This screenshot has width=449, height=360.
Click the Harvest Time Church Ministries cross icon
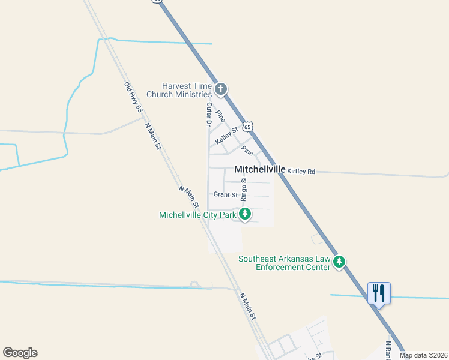pos(220,90)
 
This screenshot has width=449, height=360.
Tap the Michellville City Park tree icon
pos(245,214)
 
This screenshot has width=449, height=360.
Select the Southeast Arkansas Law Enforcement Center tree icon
pos(339,262)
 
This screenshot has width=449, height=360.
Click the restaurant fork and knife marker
pos(379,293)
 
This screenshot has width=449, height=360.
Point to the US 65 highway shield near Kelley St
pos(248,127)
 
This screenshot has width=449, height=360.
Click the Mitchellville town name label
pos(259,170)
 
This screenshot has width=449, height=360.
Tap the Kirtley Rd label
pos(301,172)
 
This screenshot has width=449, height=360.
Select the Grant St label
pos(226,194)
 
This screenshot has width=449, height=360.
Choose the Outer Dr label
pos(209,114)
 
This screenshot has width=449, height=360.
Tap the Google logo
pos(20,353)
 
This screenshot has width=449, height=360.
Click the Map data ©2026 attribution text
pos(423,355)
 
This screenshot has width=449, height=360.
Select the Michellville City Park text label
pos(197,215)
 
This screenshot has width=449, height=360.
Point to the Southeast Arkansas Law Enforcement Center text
pos(285,263)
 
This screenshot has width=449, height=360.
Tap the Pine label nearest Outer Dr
pos(220,115)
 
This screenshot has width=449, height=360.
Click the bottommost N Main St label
pos(248,306)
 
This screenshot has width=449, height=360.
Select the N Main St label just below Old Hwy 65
pos(154,136)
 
